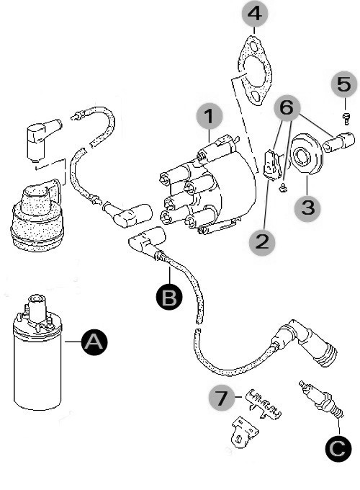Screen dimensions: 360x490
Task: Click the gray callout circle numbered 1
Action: pos(210,116)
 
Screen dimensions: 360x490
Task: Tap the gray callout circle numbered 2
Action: pos(261,242)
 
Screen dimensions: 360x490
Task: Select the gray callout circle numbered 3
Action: pos(308,208)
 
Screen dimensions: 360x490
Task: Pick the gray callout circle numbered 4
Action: pos(255,14)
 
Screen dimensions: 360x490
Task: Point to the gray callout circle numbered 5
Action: pos(344,84)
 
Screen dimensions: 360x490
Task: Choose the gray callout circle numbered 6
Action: pos(287,108)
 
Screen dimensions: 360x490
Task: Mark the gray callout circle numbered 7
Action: pos(222,398)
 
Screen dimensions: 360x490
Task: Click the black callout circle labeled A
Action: pos(94,342)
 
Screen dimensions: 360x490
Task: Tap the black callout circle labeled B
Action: pos(169,297)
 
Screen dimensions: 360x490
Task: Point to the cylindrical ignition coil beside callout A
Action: pos(37,353)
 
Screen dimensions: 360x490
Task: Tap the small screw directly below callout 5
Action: pos(346,117)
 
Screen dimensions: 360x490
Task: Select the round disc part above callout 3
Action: pos(305,153)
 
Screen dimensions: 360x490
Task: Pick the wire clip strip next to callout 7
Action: pos(264,404)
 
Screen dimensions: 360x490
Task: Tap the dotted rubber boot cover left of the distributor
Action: pos(37,215)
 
